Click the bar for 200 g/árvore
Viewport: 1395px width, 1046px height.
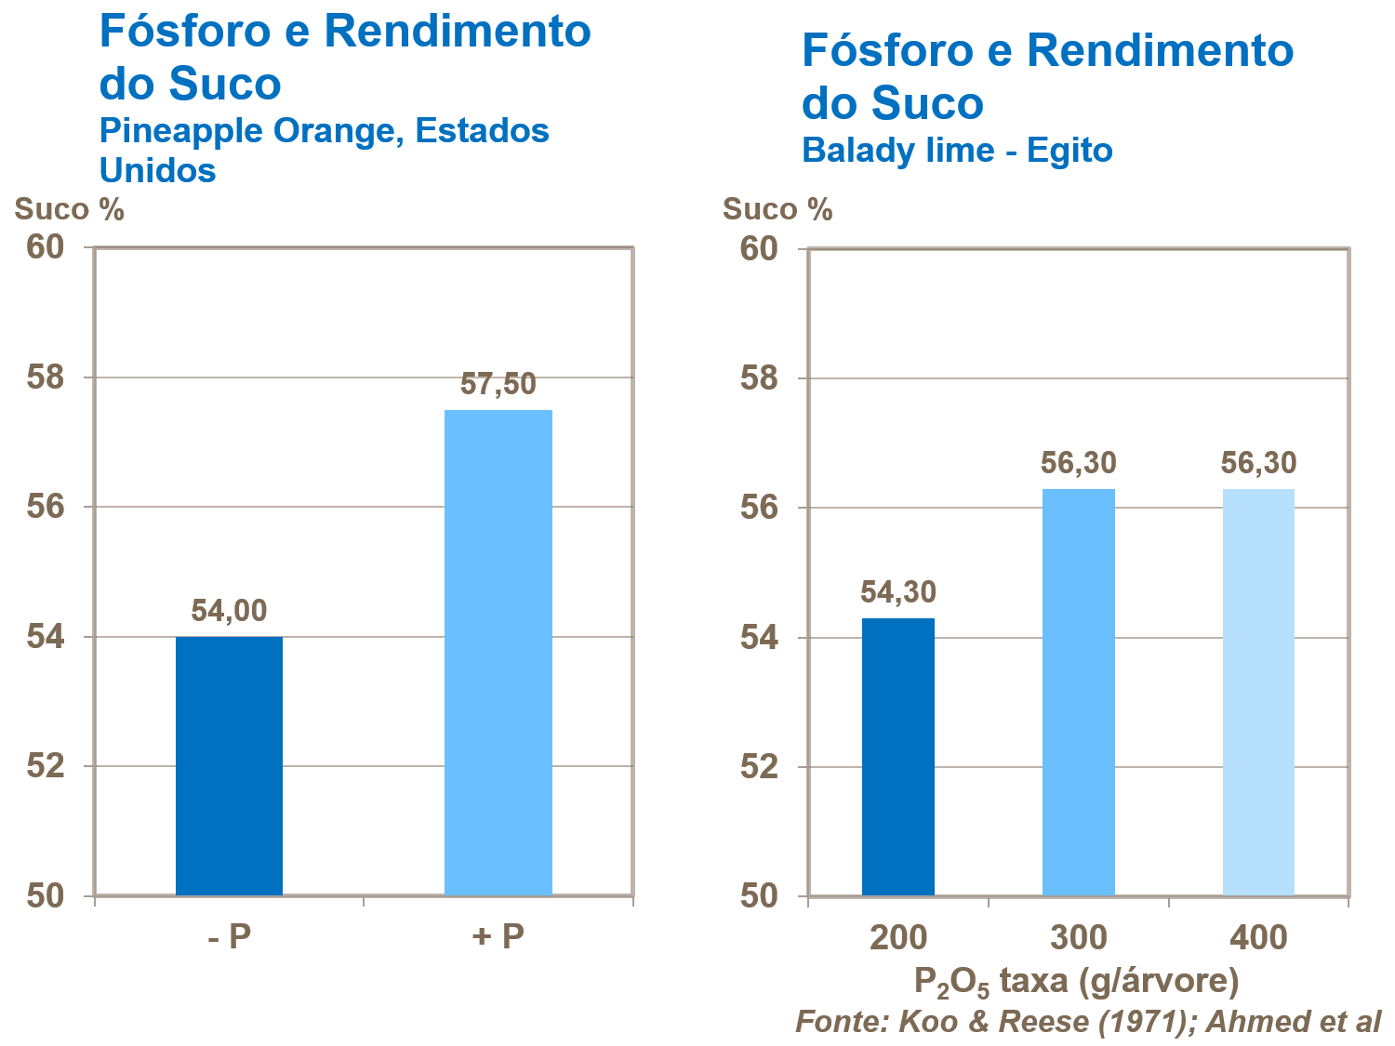point(897,757)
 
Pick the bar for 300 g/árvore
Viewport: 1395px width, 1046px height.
point(1078,692)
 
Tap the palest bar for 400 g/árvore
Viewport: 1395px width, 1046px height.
point(1258,692)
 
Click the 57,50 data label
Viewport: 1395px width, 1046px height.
point(498,384)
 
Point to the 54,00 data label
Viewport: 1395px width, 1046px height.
point(229,611)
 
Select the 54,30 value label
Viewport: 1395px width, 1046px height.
point(897,592)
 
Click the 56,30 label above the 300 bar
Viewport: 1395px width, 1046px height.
point(1078,463)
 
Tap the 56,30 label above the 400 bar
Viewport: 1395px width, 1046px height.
point(1258,463)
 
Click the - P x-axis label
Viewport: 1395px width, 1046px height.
point(229,936)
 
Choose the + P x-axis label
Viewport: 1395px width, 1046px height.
point(498,936)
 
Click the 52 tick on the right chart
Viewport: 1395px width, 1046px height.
point(759,767)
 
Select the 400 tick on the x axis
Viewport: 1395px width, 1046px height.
point(1258,938)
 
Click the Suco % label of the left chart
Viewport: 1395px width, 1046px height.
point(69,209)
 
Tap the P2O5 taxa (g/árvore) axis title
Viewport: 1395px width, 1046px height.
point(1077,982)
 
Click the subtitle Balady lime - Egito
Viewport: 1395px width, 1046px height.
point(957,151)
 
